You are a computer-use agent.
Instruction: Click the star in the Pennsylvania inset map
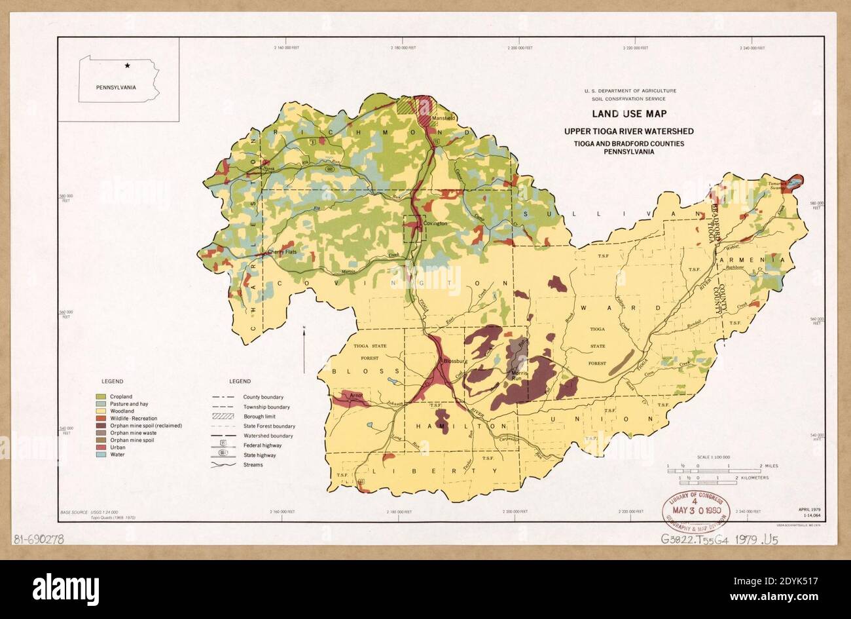pyautogui.click(x=128, y=66)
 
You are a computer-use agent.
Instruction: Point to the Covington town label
pyautogui.click(x=435, y=223)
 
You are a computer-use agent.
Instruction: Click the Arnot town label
pyautogui.click(x=356, y=396)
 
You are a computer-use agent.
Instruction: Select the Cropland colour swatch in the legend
pyautogui.click(x=101, y=397)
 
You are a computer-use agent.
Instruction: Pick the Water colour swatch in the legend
pyautogui.click(x=101, y=455)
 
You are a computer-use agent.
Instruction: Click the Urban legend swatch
pyautogui.click(x=101, y=447)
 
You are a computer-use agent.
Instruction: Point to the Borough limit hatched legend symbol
pyautogui.click(x=220, y=417)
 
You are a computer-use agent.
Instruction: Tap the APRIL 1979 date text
pyautogui.click(x=810, y=510)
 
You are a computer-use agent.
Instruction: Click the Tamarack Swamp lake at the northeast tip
pyautogui.click(x=794, y=183)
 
